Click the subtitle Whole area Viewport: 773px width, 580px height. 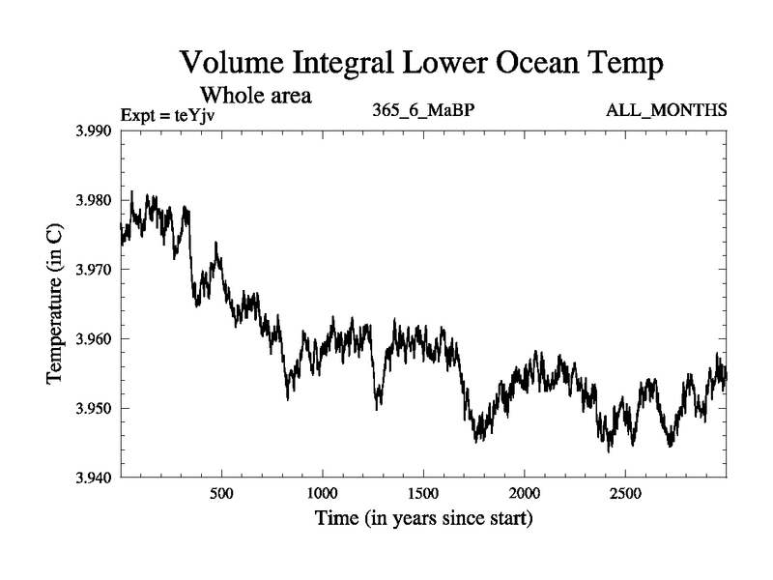pos(255,96)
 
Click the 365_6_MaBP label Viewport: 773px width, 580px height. pos(423,110)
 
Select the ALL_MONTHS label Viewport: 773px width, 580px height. pos(666,110)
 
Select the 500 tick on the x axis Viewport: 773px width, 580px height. pos(221,493)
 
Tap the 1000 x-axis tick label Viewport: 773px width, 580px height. pos(322,493)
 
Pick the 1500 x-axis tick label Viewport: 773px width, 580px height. pos(423,493)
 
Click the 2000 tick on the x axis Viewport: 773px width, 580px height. pos(524,493)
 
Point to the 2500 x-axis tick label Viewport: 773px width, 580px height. pos(624,493)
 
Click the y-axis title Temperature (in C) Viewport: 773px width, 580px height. pos(55,304)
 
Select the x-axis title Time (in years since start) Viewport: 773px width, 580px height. pos(423,519)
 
